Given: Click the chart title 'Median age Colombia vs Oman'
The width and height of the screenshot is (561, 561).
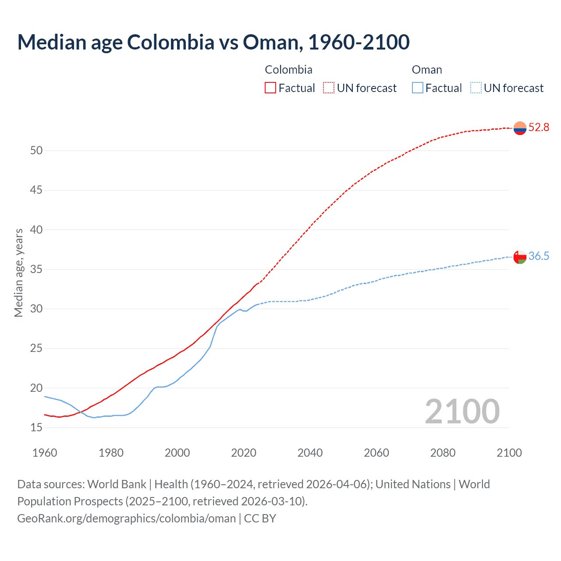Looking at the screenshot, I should [x=213, y=42].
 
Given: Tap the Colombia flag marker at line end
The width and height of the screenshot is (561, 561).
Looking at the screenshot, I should [x=520, y=128].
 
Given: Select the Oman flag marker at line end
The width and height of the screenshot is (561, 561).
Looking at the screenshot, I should [x=520, y=257].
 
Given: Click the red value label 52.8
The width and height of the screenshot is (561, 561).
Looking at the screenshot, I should [x=539, y=128].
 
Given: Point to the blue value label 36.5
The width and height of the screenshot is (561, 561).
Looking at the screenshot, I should [x=539, y=256].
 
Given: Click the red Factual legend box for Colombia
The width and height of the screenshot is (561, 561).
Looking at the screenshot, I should [x=270, y=88].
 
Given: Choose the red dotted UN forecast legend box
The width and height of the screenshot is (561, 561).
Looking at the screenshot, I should [x=329, y=88].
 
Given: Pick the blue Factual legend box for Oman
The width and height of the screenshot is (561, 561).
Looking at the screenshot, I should [x=418, y=88].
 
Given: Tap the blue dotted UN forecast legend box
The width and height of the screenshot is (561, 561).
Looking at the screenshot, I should [x=476, y=88].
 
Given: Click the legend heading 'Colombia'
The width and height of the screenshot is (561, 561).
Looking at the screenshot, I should [x=288, y=70].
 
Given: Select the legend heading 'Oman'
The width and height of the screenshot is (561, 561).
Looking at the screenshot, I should [x=427, y=70].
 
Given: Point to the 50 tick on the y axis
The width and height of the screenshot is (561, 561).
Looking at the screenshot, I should [x=36, y=151].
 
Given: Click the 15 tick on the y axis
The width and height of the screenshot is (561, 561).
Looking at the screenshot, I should [x=36, y=427].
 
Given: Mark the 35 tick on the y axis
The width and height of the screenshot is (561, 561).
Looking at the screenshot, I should [x=36, y=269].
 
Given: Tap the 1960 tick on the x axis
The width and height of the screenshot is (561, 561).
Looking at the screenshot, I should [x=45, y=453].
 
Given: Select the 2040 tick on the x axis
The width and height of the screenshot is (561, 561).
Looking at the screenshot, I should [x=310, y=453].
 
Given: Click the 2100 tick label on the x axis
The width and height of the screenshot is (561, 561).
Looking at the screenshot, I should [x=509, y=453].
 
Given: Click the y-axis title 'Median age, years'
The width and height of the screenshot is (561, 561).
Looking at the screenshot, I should [x=18, y=273].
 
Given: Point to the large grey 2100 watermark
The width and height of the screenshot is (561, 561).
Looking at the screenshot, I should [x=462, y=411].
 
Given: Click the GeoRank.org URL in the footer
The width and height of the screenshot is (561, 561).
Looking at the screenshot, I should [x=127, y=518].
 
